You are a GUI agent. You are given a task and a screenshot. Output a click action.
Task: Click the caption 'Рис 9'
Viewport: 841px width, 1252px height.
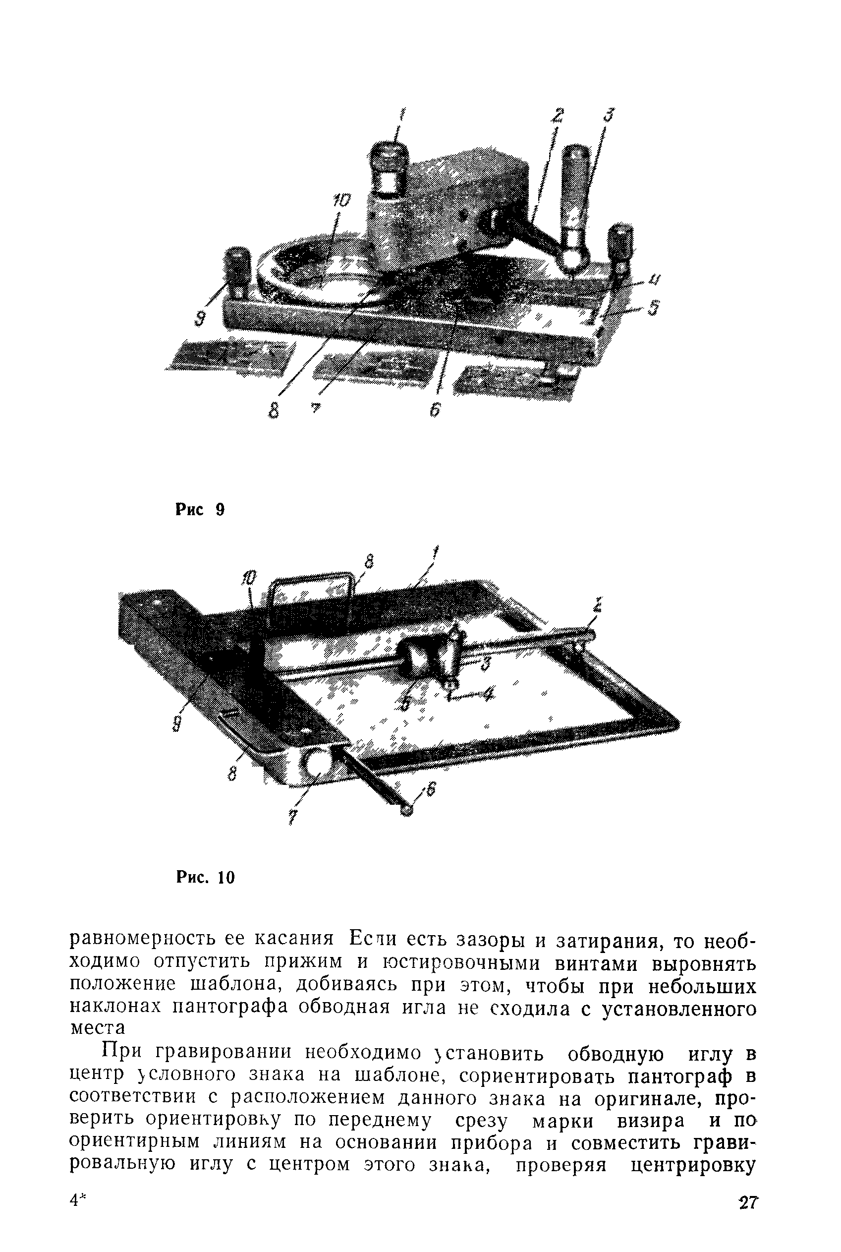point(200,509)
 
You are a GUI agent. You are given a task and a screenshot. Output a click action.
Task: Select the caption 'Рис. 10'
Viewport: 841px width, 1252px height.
point(206,878)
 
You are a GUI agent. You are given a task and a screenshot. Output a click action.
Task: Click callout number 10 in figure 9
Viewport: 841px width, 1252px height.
point(341,201)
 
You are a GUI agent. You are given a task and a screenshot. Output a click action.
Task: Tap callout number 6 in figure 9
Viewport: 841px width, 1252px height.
point(435,411)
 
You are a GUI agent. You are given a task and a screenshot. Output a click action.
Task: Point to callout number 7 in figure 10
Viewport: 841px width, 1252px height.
point(292,817)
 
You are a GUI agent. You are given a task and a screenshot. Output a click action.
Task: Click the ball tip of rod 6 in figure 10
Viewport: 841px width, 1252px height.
point(406,810)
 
